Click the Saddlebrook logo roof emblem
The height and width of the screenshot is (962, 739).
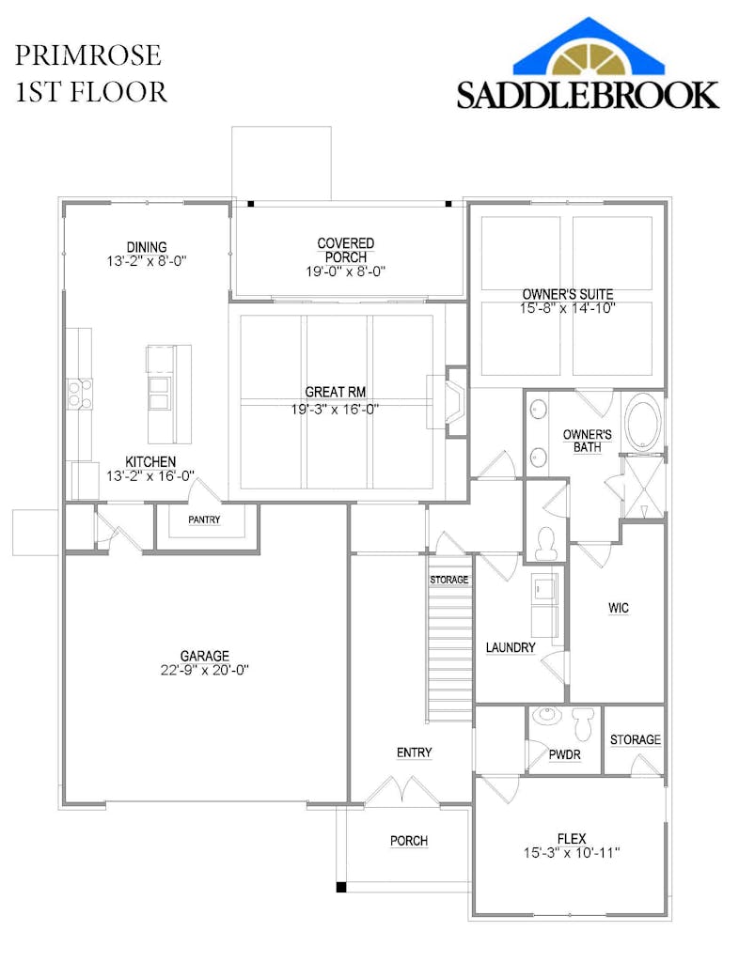(x=589, y=47)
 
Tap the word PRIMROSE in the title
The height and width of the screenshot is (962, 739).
(x=87, y=55)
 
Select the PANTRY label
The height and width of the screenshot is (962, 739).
(x=204, y=520)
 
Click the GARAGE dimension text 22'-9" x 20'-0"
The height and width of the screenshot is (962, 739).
(x=204, y=671)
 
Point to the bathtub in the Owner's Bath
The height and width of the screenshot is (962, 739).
(x=643, y=424)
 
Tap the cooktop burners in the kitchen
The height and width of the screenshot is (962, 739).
(x=79, y=394)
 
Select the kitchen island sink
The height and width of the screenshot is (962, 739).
(x=159, y=394)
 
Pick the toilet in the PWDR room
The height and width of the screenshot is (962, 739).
(x=581, y=724)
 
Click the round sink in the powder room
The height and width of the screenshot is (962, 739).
(x=543, y=715)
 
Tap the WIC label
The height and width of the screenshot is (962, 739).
(x=618, y=608)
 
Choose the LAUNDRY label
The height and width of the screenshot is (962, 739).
(x=510, y=647)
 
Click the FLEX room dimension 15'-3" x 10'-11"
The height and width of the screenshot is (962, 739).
(x=572, y=853)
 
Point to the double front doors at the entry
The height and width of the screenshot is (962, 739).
(x=401, y=790)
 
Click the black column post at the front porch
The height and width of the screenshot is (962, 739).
(x=341, y=887)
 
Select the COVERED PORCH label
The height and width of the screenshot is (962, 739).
(x=346, y=250)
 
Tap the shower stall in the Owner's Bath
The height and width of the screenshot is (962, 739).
(x=643, y=488)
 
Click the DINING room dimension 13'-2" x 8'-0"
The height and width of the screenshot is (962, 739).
(x=146, y=261)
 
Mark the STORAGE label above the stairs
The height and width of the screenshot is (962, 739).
(x=448, y=580)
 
